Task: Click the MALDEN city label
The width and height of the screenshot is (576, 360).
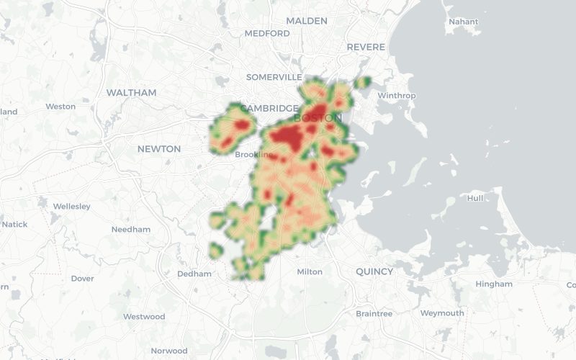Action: point(306,21)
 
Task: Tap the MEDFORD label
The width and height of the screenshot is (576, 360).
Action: point(266,34)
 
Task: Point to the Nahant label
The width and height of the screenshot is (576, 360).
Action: point(463,22)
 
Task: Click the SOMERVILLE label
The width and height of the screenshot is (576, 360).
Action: point(274,77)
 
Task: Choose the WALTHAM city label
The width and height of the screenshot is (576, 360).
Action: point(131,93)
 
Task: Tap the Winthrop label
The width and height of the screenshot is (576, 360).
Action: point(397,95)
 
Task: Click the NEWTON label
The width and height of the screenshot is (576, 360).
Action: point(159,149)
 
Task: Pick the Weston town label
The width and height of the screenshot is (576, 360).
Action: point(60,107)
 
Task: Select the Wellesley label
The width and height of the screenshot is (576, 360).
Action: point(72,207)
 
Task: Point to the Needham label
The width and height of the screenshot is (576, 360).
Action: point(131,230)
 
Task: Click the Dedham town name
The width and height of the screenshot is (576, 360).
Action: point(194,274)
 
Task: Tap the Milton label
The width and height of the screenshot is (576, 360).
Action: point(310,271)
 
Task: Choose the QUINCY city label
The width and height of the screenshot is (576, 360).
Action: point(374,271)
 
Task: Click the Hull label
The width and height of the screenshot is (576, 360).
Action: point(475,198)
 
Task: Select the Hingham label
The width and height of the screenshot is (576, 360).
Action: point(494,284)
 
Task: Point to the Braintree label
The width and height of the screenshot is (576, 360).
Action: point(374,314)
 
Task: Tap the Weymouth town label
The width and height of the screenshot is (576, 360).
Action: point(442,313)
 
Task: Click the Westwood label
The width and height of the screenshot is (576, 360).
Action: point(144,317)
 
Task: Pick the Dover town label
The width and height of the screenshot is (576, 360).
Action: point(82,279)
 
